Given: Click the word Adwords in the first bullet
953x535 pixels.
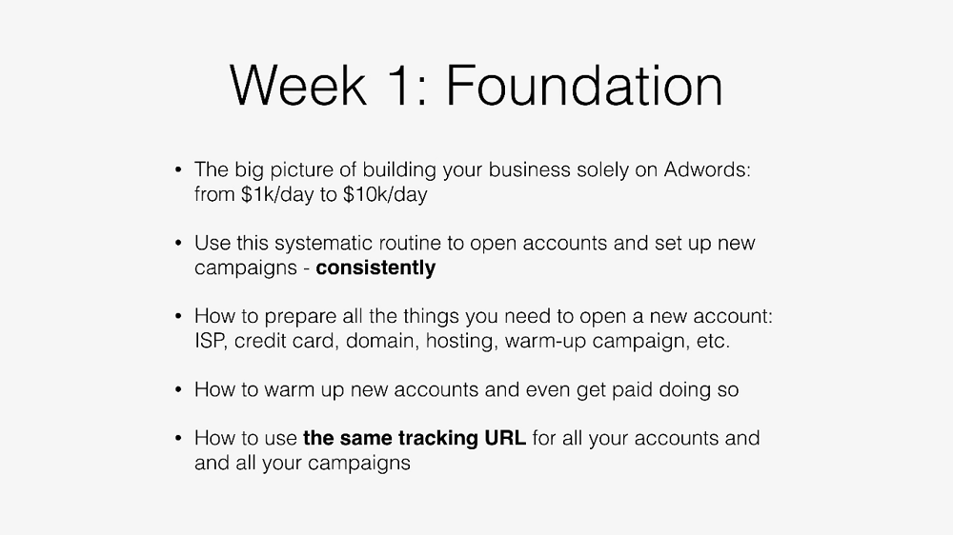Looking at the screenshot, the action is point(707,169).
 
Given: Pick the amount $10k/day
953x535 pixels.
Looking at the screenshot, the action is point(385,194).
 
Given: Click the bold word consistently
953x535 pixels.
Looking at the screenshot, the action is point(375,267).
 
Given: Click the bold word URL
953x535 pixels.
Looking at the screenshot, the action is point(505,438).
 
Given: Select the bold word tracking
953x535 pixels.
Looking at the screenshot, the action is point(438,439).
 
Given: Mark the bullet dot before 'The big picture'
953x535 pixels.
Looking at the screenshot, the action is point(178,169).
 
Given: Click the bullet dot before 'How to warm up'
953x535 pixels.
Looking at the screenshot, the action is point(178,389).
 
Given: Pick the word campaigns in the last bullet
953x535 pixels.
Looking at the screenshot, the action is point(358,464).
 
